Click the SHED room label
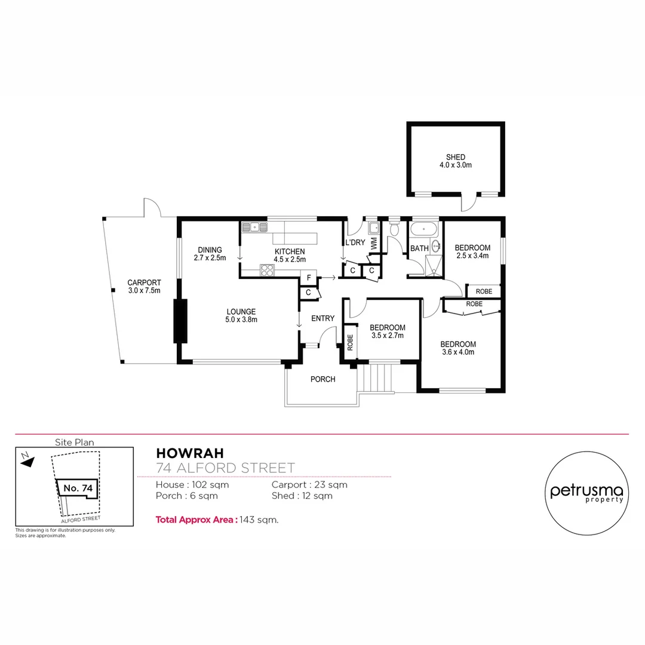point(455,161)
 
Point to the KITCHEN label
point(290,255)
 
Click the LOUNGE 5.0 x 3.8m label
point(241,315)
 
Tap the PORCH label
point(323,379)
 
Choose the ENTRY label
point(322,318)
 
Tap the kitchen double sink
point(255,226)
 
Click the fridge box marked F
point(308,277)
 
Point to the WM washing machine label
point(374,243)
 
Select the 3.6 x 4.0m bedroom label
point(457,348)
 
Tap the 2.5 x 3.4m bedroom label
point(472,251)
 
